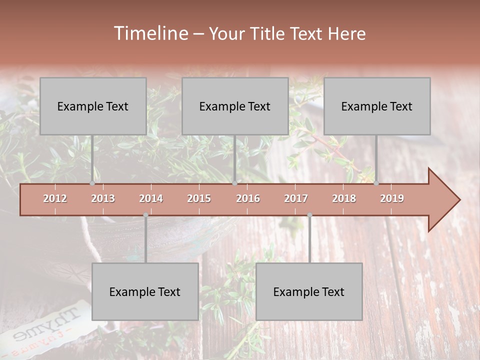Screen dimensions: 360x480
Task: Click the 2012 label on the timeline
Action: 55,198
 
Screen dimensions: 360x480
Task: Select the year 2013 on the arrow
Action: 103,198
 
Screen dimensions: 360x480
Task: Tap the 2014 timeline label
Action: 151,198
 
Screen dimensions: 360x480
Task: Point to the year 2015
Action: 199,198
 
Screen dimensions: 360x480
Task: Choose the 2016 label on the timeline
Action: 248,198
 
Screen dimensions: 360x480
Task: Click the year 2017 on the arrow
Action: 296,198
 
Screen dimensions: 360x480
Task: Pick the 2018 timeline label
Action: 344,198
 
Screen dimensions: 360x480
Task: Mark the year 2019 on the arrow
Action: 392,198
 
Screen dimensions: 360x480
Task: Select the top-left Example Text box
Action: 93,106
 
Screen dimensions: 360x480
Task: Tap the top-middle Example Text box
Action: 235,106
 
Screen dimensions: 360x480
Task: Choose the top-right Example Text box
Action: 377,106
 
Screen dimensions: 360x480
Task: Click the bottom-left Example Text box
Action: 145,291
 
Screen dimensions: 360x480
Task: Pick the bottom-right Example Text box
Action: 309,291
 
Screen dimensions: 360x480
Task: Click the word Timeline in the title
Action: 150,33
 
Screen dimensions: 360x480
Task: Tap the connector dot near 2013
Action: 92,183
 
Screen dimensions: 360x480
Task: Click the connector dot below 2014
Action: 145,215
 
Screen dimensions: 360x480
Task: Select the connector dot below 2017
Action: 309,215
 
